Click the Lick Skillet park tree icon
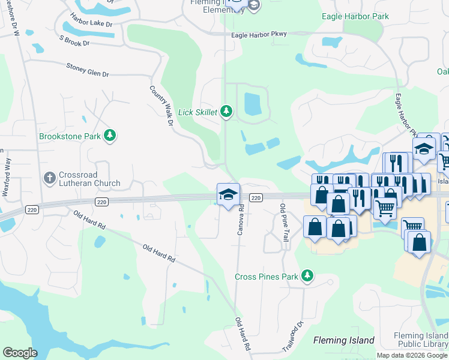coord(226,112)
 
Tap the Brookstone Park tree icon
coord(109,136)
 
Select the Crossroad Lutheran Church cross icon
coord(50,178)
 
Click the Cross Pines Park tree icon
coord(307,276)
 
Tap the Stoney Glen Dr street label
coord(88,70)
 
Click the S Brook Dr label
coord(74,40)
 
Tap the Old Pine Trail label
coord(283,222)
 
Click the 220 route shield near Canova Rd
coord(255,198)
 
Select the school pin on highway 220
coord(228,194)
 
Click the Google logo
coord(20,353)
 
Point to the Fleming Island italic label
coord(344,341)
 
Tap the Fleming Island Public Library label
coord(421,340)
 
